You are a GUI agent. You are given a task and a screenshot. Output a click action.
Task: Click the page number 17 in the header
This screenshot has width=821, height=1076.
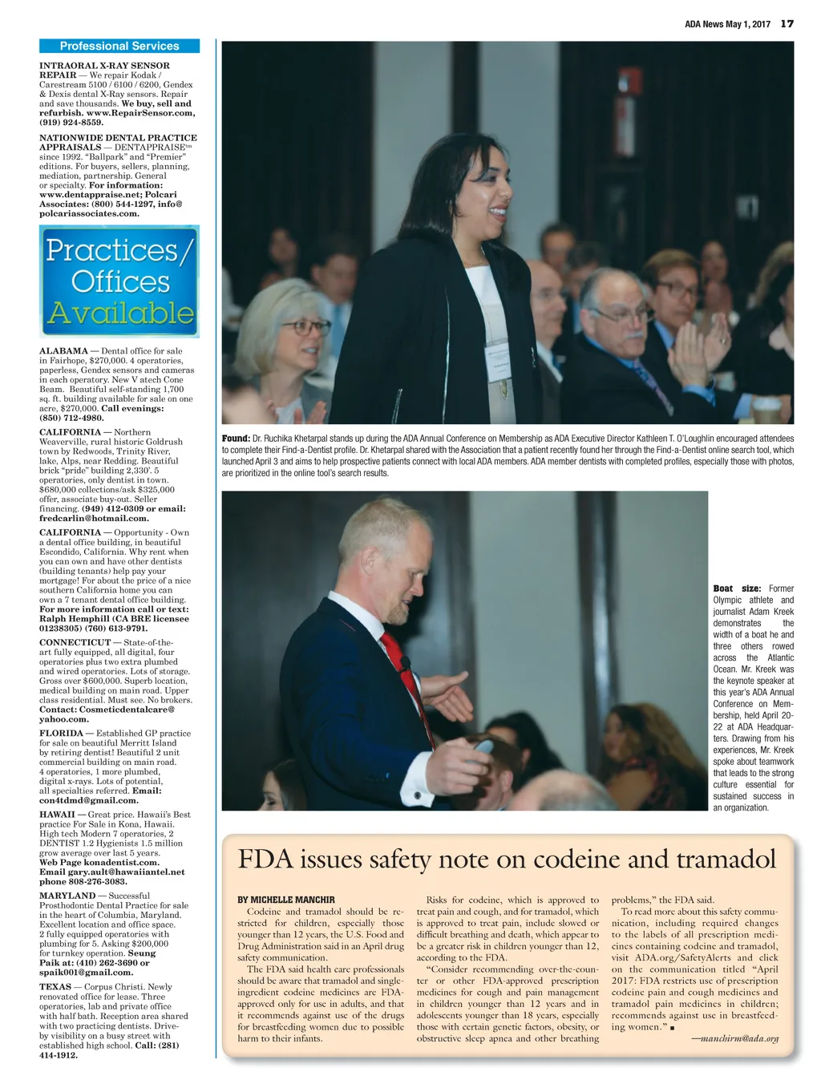pyautogui.click(x=787, y=24)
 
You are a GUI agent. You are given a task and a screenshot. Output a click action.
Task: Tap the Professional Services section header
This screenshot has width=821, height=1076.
pyautogui.click(x=119, y=47)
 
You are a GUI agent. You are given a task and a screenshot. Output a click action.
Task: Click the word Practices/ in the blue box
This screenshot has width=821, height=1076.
pyautogui.click(x=119, y=250)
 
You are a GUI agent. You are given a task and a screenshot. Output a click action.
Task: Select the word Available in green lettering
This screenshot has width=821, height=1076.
pyautogui.click(x=119, y=313)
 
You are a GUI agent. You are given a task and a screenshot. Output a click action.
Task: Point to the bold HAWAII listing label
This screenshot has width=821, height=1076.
pyautogui.click(x=57, y=815)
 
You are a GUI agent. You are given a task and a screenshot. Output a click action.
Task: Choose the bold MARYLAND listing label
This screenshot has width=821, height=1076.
pyautogui.click(x=67, y=896)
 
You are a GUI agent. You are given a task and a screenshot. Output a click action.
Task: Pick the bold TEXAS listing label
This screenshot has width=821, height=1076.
pyautogui.click(x=55, y=987)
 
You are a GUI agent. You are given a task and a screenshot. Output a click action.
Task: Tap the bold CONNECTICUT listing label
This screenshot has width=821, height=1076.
pyautogui.click(x=75, y=642)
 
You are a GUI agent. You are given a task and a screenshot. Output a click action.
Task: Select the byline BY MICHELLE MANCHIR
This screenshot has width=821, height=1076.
pyautogui.click(x=286, y=900)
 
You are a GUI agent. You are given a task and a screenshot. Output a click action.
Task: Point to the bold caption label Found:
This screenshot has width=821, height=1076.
pyautogui.click(x=236, y=439)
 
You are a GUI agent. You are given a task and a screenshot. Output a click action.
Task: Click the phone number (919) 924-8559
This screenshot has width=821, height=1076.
pyautogui.click(x=71, y=123)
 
